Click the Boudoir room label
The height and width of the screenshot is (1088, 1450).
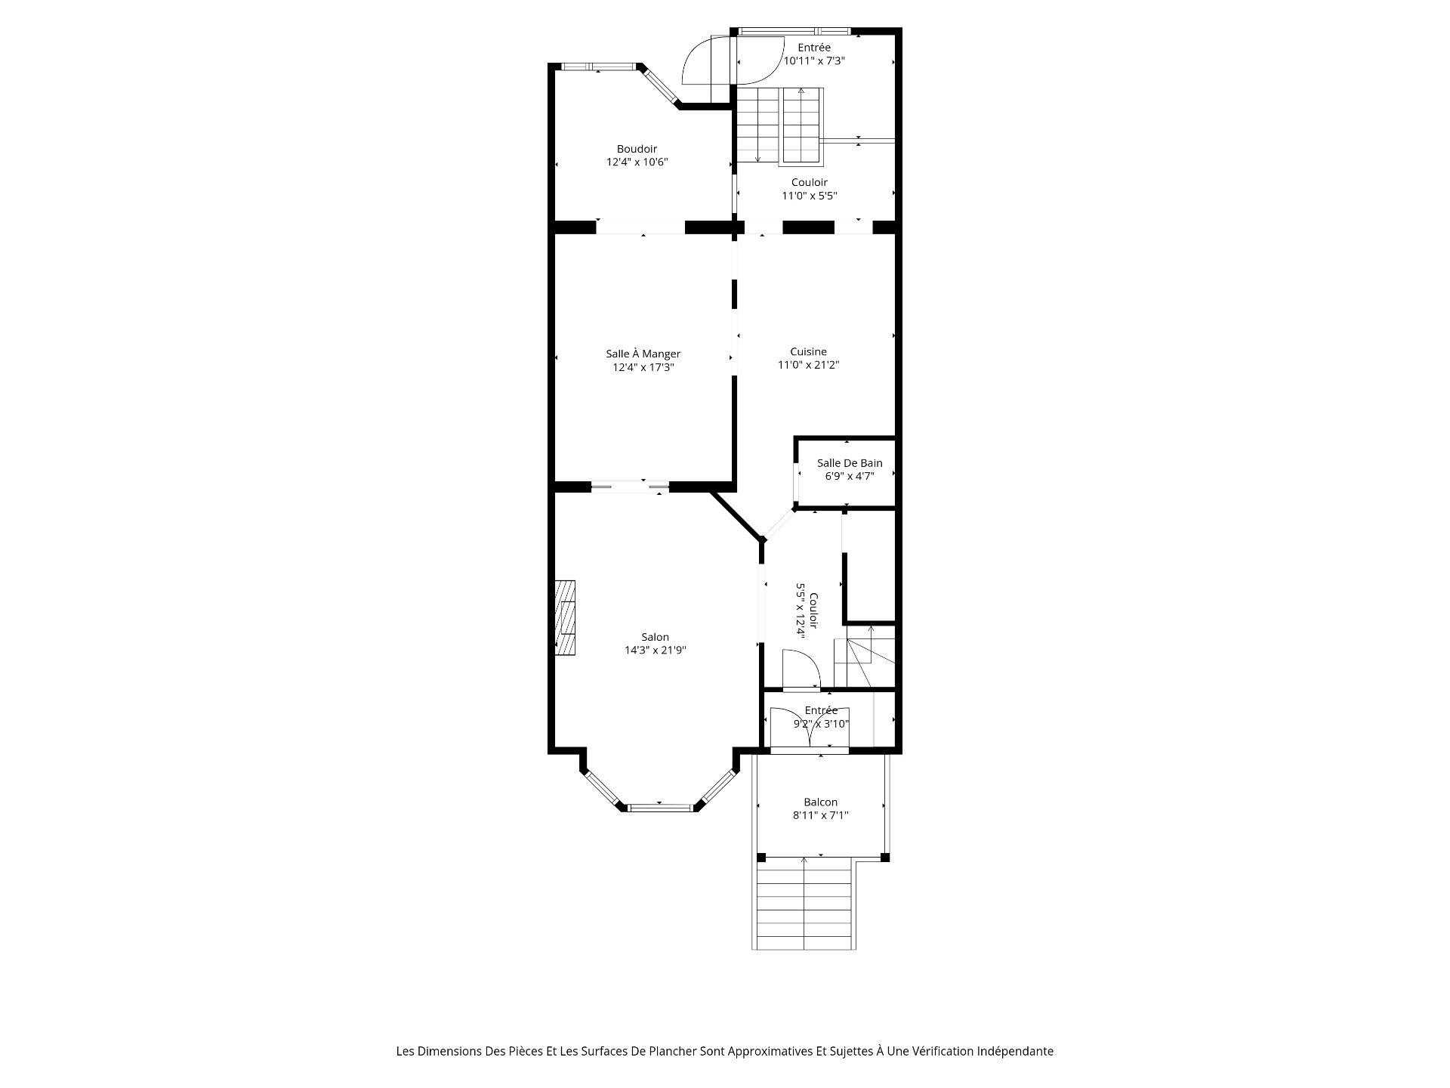tap(637, 149)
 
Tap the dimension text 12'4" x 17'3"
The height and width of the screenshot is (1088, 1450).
tap(643, 367)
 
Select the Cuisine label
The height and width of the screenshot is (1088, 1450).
tap(808, 351)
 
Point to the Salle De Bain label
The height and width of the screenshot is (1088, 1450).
tap(850, 463)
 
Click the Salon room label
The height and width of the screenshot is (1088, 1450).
tap(655, 637)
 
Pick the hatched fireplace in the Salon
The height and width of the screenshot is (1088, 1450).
tap(565, 617)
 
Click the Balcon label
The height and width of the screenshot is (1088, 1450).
tap(820, 802)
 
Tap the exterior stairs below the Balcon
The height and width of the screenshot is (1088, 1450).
tap(804, 903)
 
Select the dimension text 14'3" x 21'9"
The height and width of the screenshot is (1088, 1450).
tap(655, 650)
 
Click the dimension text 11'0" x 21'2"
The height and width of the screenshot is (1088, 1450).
tap(808, 365)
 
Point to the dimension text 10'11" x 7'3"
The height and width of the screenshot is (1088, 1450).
tap(813, 60)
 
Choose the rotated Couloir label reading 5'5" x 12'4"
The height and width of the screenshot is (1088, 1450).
tap(807, 610)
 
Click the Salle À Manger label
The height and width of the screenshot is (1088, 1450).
tap(643, 354)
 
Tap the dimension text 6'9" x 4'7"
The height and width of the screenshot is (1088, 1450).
tap(850, 476)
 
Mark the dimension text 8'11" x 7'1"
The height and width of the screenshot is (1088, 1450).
tap(820, 815)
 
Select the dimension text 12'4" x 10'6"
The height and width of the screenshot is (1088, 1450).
tap(637, 162)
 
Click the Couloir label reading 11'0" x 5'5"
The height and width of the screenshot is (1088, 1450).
tap(809, 189)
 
